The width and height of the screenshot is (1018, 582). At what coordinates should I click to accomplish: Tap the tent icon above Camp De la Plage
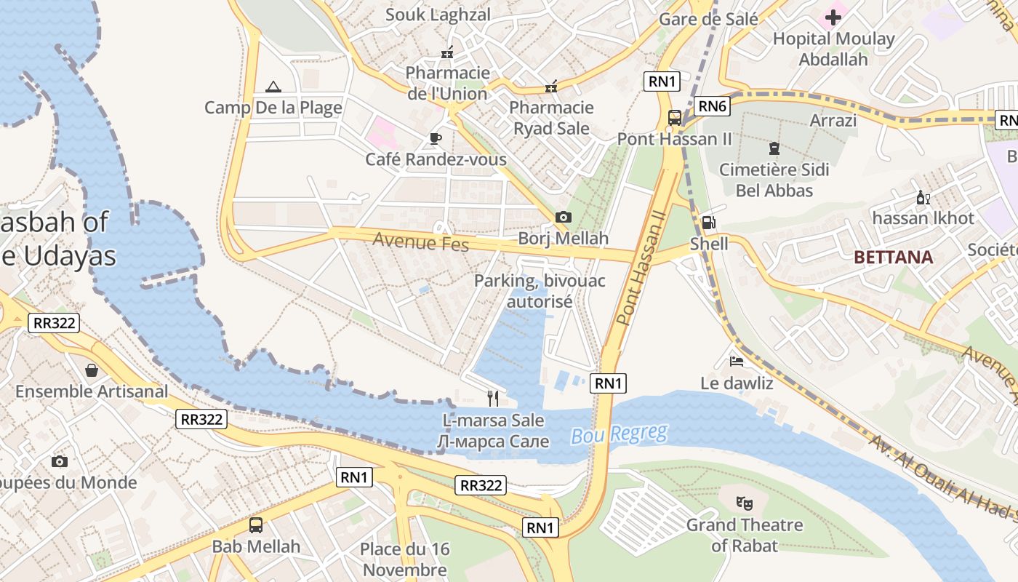point(273,87)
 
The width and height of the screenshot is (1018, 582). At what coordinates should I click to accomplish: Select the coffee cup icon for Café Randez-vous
point(436,138)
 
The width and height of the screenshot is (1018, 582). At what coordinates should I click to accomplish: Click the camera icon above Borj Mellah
point(563,217)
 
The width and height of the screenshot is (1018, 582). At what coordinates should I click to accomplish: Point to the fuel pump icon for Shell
point(708,223)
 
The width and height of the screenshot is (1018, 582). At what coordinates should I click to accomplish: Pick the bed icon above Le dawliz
point(737,361)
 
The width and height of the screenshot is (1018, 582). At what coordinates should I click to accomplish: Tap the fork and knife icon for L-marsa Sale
point(493,398)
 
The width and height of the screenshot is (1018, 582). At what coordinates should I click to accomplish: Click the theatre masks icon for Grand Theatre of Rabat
point(744,503)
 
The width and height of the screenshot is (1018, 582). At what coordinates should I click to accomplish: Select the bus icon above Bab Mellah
point(256,525)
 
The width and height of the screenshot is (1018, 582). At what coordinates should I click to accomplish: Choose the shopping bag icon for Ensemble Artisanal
point(92,370)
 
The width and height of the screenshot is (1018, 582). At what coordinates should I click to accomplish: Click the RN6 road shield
point(712,106)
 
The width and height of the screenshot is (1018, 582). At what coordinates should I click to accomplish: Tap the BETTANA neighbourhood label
point(894,257)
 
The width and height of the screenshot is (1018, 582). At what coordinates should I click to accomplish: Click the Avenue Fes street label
point(421,242)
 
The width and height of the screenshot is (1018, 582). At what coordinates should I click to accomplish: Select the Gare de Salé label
point(708,19)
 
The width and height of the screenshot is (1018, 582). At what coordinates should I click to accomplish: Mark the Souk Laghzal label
point(438,15)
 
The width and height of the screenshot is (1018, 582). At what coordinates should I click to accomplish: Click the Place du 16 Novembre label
point(405,559)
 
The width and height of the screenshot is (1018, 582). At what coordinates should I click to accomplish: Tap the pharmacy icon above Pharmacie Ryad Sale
point(551,87)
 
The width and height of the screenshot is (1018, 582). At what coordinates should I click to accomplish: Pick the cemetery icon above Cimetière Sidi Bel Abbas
point(774,148)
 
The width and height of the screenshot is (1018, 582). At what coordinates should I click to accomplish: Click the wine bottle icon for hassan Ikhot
point(923,197)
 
